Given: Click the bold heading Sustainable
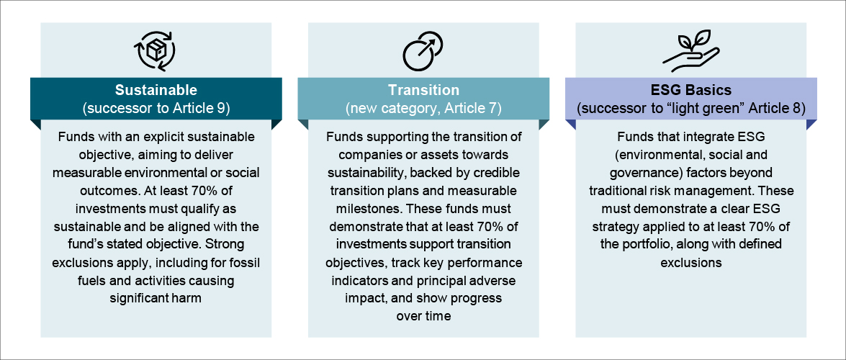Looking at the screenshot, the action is [x=156, y=89].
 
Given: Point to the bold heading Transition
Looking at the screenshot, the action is [x=423, y=89].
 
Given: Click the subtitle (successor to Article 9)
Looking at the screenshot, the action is [x=156, y=109].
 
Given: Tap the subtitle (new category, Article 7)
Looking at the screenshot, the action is [x=423, y=109].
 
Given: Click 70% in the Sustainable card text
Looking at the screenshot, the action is [x=197, y=191].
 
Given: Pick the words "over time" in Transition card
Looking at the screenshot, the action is [x=423, y=316].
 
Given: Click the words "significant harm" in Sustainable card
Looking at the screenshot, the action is [x=156, y=299].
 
